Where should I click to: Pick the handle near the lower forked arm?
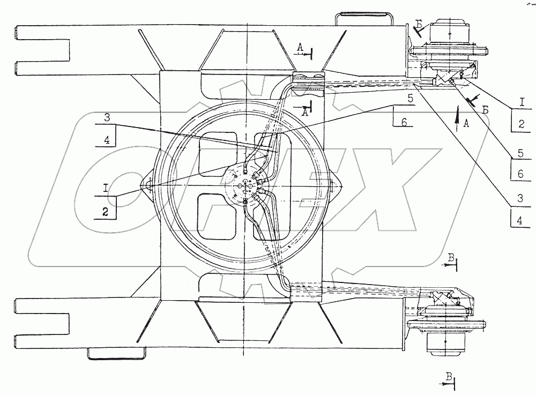click(x=117, y=354)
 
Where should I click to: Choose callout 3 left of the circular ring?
click(x=107, y=117)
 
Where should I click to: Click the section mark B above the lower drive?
click(x=451, y=259)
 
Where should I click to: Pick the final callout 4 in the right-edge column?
click(x=520, y=219)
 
